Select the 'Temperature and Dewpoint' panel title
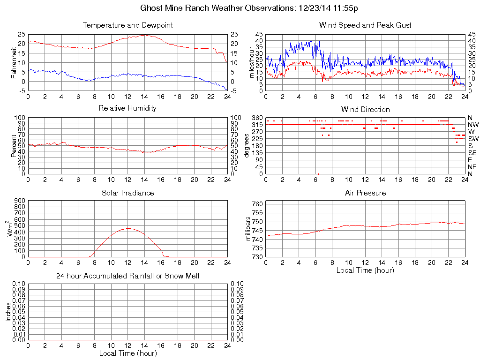[x=127, y=25]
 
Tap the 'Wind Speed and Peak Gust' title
[x=365, y=25]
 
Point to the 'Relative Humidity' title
[x=127, y=108]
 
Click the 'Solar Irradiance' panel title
[x=127, y=193]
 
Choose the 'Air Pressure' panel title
[x=365, y=193]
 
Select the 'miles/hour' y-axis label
[x=251, y=62]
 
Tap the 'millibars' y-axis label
[x=248, y=230]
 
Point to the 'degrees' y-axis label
[x=247, y=146]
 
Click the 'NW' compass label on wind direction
[x=472, y=125]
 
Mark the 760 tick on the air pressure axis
[x=258, y=204]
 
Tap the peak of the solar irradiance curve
[x=127, y=228]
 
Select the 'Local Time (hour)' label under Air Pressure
[x=365, y=270]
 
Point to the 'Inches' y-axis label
[x=8, y=312]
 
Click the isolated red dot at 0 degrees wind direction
[x=318, y=174]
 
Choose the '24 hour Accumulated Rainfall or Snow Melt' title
[x=127, y=276]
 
